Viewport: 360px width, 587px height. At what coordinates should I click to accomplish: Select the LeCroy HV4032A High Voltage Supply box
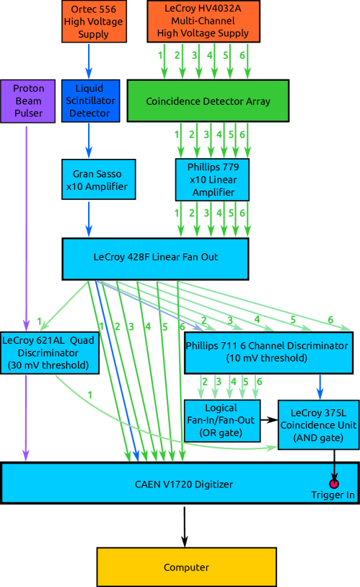(x=203, y=22)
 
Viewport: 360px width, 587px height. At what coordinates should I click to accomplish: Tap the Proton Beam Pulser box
(x=28, y=101)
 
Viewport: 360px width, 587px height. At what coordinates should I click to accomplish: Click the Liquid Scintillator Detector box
(x=89, y=101)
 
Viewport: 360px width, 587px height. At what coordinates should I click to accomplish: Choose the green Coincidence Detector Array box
(x=208, y=101)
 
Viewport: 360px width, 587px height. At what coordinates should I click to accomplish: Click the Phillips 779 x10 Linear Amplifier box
(x=212, y=180)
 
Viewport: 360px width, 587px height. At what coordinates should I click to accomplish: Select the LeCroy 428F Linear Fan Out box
(x=155, y=258)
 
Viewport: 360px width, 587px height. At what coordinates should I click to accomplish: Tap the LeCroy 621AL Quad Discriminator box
(x=50, y=353)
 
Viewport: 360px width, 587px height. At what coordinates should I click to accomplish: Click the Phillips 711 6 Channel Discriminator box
(x=267, y=352)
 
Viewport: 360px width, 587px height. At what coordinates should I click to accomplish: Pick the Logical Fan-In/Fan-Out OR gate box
(x=221, y=421)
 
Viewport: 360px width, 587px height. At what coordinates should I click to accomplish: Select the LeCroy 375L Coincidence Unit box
(x=318, y=424)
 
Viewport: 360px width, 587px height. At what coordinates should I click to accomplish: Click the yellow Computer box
(x=186, y=567)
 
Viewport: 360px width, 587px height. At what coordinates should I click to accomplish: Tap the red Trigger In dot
(x=334, y=482)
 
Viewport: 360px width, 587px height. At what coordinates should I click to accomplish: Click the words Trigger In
(x=333, y=495)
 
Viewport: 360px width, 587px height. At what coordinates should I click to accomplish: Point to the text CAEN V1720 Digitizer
(x=184, y=484)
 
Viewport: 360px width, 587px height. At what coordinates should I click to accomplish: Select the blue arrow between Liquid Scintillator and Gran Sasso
(x=89, y=140)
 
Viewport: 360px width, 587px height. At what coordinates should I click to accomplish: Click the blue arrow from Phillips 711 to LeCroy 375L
(x=319, y=386)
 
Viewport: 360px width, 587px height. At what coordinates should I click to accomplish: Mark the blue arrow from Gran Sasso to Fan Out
(x=89, y=219)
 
